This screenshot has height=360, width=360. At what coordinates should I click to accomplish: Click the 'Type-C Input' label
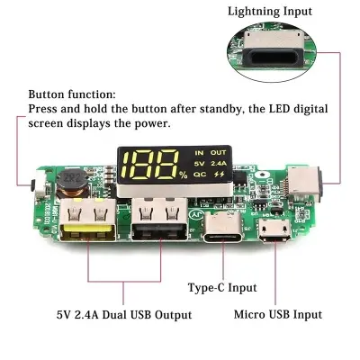coord(221,287)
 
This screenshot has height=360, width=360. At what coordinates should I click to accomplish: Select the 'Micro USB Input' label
coord(277,314)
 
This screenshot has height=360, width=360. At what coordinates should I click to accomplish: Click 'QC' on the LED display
coord(200,176)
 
